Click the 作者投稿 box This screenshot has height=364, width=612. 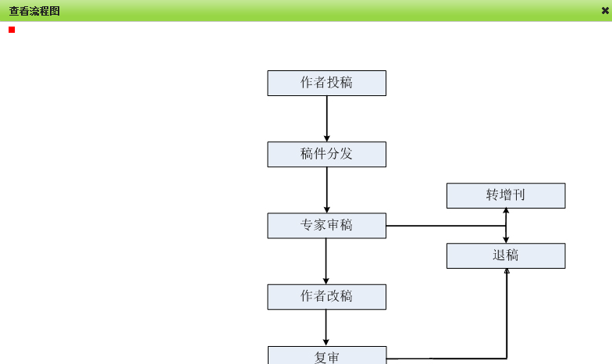pyautogui.click(x=326, y=83)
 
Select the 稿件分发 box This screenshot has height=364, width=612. pyautogui.click(x=326, y=154)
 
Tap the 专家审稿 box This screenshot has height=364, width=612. pyautogui.click(x=326, y=226)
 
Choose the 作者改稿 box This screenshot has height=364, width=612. pyautogui.click(x=326, y=297)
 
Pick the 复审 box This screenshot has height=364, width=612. pyautogui.click(x=326, y=356)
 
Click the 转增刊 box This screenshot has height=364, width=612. pyautogui.click(x=506, y=195)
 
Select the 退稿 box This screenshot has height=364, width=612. pyautogui.click(x=506, y=255)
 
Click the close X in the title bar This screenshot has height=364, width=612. pyautogui.click(x=605, y=10)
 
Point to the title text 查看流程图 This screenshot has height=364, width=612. pyautogui.click(x=34, y=11)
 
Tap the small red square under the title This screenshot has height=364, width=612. pyautogui.click(x=12, y=30)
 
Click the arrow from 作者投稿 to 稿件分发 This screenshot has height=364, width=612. pyautogui.click(x=326, y=119)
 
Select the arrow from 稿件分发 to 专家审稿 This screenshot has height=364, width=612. pyautogui.click(x=326, y=190)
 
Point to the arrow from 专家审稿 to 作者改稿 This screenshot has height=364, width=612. pyautogui.click(x=326, y=261)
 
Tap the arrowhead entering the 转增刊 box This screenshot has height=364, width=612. pyautogui.click(x=506, y=211)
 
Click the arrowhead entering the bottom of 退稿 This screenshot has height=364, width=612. pyautogui.click(x=507, y=271)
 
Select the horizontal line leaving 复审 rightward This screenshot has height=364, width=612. pyautogui.click(x=445, y=358)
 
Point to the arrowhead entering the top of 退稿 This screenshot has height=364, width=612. pyautogui.click(x=506, y=240)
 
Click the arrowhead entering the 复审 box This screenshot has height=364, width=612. pyautogui.click(x=326, y=342)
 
